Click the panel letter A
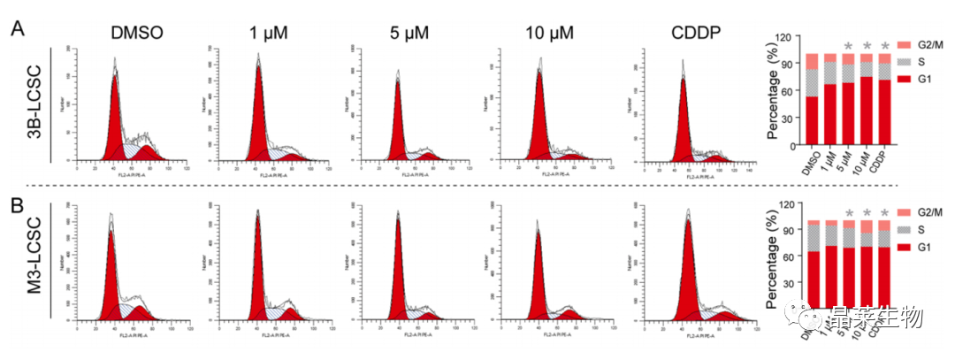17,30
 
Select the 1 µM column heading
271,33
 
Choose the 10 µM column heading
548,33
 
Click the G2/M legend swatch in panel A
904,44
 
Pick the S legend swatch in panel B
904,228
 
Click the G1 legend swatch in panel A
904,80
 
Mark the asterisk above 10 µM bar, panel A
867,46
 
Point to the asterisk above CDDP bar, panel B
884,213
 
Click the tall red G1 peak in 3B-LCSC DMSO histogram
115,115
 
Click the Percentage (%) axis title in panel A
772,93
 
